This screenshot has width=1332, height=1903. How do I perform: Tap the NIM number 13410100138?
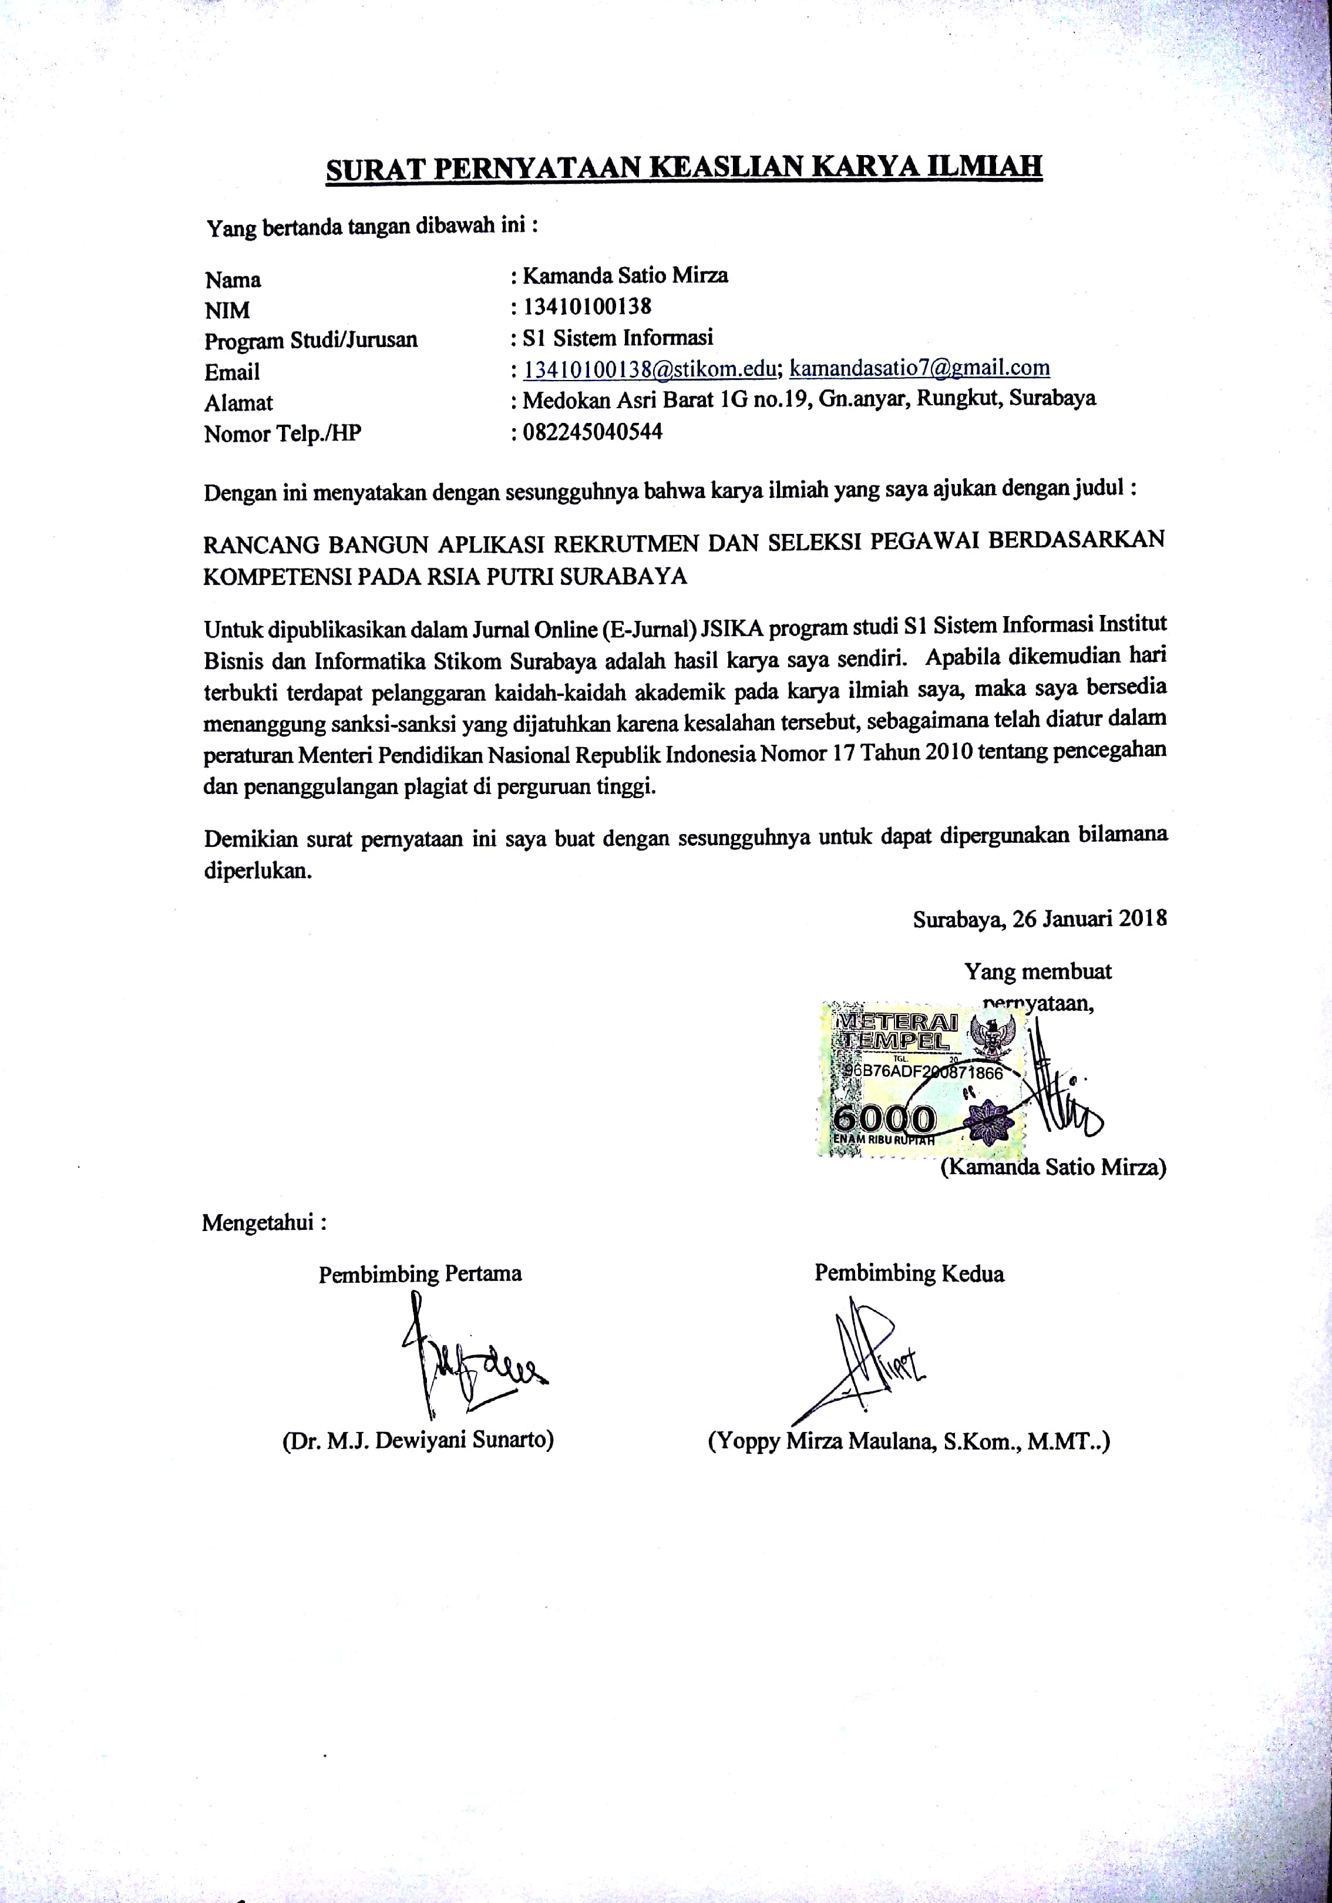point(586,307)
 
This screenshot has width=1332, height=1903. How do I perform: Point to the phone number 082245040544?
point(592,432)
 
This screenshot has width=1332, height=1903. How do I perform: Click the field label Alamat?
point(238,404)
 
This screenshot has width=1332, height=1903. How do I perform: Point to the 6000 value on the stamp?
point(884,1119)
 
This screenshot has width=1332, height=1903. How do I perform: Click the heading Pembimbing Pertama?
point(421,1274)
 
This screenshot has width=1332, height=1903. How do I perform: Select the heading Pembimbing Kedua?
point(909,1273)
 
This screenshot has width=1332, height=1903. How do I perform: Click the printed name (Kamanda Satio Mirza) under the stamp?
point(1052,1168)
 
